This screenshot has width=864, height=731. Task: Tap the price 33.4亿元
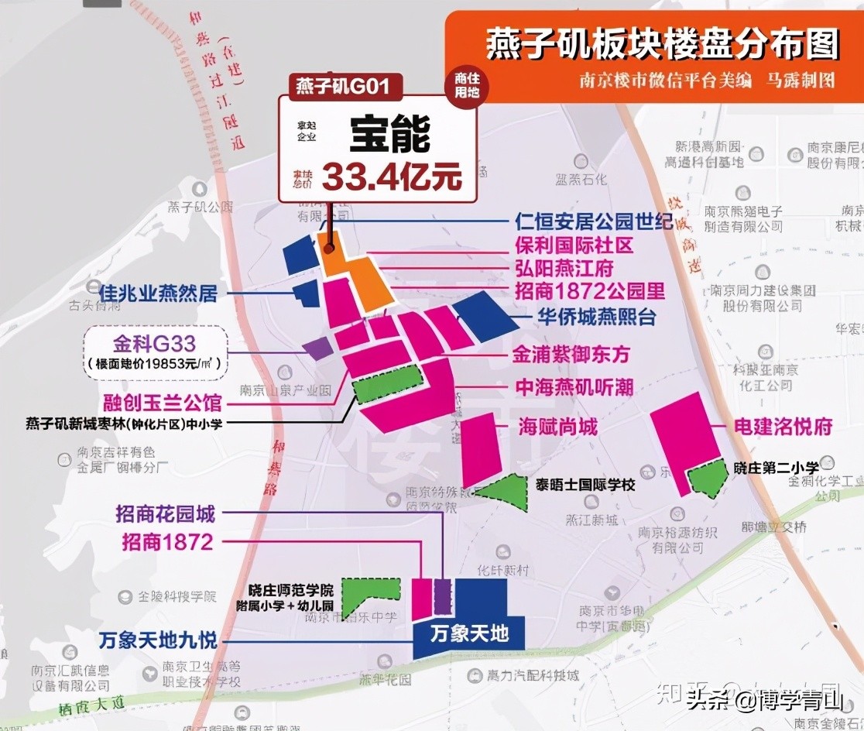(x=392, y=177)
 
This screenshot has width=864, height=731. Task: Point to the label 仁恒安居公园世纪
(x=594, y=221)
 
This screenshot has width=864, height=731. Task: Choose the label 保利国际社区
(x=574, y=245)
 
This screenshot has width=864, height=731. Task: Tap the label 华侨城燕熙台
(x=597, y=317)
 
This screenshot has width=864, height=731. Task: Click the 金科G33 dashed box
(x=156, y=349)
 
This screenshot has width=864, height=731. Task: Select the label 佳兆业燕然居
(x=159, y=293)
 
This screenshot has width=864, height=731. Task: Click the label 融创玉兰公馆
(x=163, y=403)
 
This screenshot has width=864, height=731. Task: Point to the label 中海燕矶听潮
(x=574, y=387)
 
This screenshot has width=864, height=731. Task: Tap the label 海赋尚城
(x=557, y=427)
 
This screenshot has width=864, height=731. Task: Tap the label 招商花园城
(x=165, y=513)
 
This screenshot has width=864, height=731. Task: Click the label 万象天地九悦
(x=158, y=641)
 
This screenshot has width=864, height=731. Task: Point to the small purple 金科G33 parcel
(x=317, y=348)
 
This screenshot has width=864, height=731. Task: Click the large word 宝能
(x=389, y=136)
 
